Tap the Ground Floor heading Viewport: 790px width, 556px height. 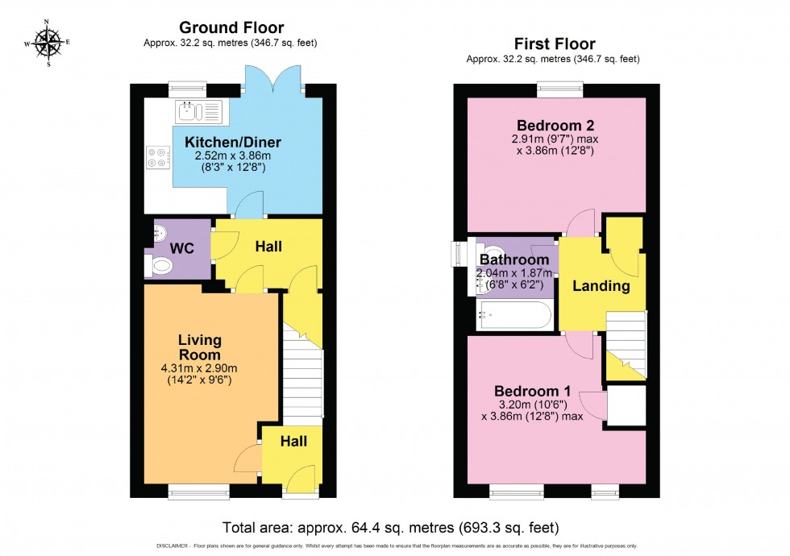click(x=231, y=28)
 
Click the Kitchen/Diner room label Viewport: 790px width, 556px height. click(x=233, y=143)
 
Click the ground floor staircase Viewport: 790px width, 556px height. click(x=302, y=383)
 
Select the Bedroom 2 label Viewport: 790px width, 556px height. click(x=555, y=126)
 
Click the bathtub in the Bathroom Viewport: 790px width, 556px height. click(x=514, y=315)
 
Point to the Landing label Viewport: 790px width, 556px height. click(x=601, y=285)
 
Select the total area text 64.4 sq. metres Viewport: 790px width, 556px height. click(x=402, y=528)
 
